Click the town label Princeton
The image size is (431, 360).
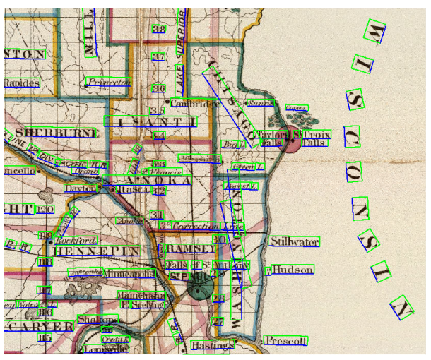[x=110, y=83]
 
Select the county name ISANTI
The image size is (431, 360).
[x=150, y=122]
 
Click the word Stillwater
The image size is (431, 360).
[x=295, y=242]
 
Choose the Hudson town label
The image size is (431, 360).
[x=291, y=270]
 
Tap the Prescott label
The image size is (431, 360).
[x=285, y=341]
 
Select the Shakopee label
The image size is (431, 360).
[x=98, y=320]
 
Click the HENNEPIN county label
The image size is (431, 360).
[x=96, y=251]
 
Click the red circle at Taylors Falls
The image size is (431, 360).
[x=289, y=142]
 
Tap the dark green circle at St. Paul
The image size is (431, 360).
[x=201, y=289]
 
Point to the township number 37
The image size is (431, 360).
[x=158, y=56]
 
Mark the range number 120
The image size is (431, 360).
[x=46, y=210]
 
